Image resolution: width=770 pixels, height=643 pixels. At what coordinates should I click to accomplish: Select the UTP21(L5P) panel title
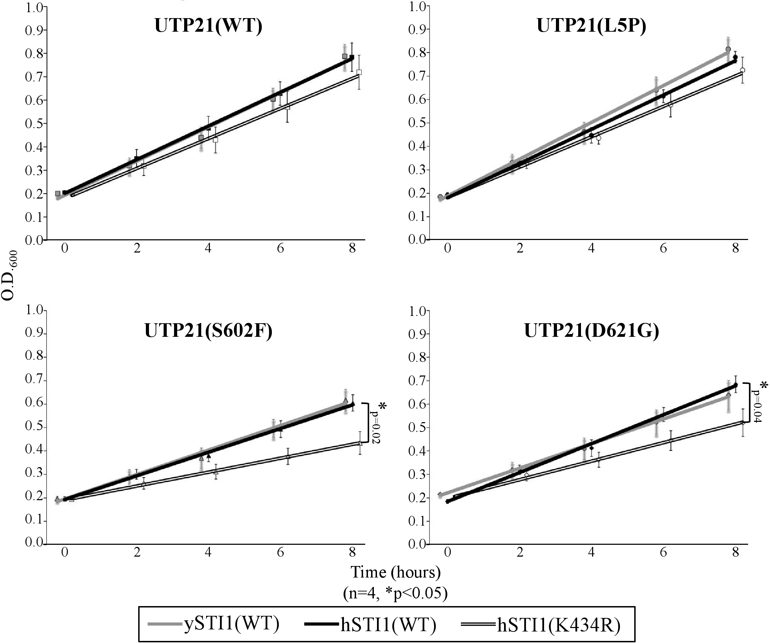(591, 26)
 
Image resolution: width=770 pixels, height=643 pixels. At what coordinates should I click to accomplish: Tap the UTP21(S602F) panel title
(208, 331)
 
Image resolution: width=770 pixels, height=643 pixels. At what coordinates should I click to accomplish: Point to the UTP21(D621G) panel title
(591, 331)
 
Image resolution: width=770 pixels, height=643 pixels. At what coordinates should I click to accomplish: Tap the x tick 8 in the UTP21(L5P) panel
(735, 249)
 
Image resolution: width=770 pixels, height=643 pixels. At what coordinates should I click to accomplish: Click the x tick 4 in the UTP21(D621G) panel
(591, 552)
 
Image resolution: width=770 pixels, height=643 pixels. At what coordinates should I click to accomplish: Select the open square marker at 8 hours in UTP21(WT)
(359, 72)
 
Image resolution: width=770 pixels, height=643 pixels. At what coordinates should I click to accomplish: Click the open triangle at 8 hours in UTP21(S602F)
(360, 443)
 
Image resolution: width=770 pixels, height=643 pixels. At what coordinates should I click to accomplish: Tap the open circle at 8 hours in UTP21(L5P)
(742, 70)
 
